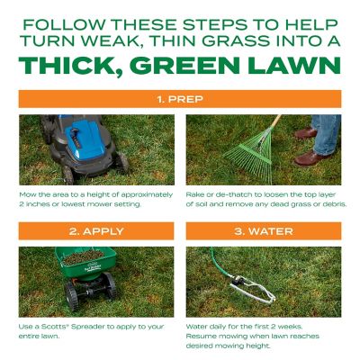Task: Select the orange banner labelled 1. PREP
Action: tap(180, 98)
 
